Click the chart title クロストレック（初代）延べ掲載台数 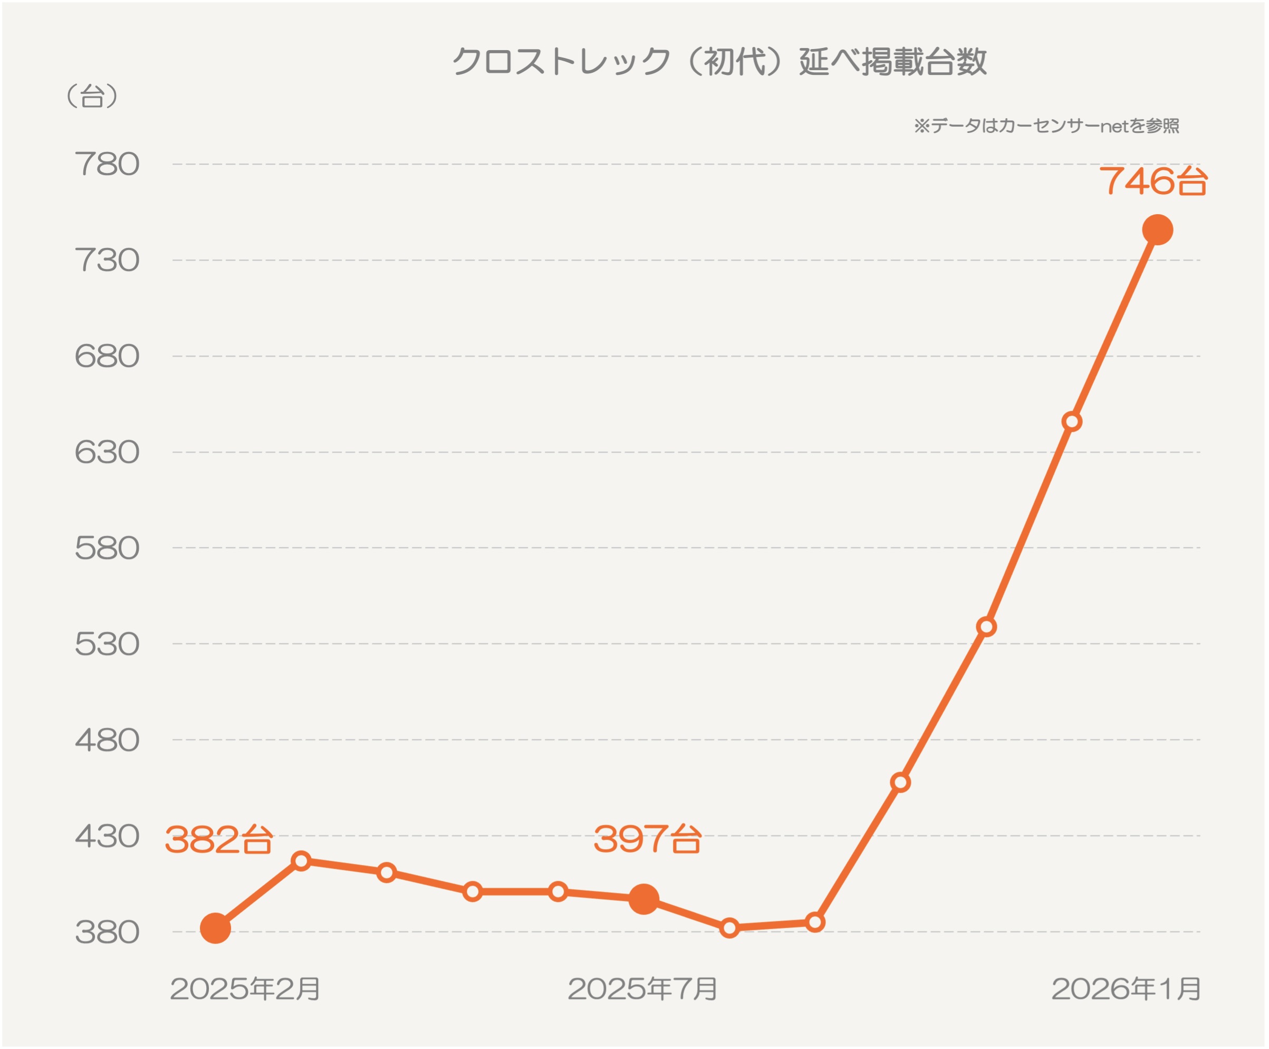pos(719,62)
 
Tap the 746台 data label pos(1153,181)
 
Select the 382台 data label pos(219,840)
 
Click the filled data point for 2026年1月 pos(1157,230)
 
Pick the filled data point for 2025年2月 pos(215,928)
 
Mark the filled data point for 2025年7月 pos(643,899)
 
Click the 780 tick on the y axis pos(107,165)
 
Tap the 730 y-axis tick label pos(107,261)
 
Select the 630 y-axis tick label pos(107,453)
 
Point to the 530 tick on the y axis pos(107,644)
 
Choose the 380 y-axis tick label pos(107,932)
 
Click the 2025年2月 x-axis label pos(245,989)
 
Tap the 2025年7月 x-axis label pos(642,989)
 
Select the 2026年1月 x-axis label pos(1126,989)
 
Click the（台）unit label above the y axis pos(92,96)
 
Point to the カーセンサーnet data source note pos(1046,126)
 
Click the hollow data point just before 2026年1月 pos(1071,422)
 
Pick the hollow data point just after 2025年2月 pos(301,861)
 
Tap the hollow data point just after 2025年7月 pos(729,928)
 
